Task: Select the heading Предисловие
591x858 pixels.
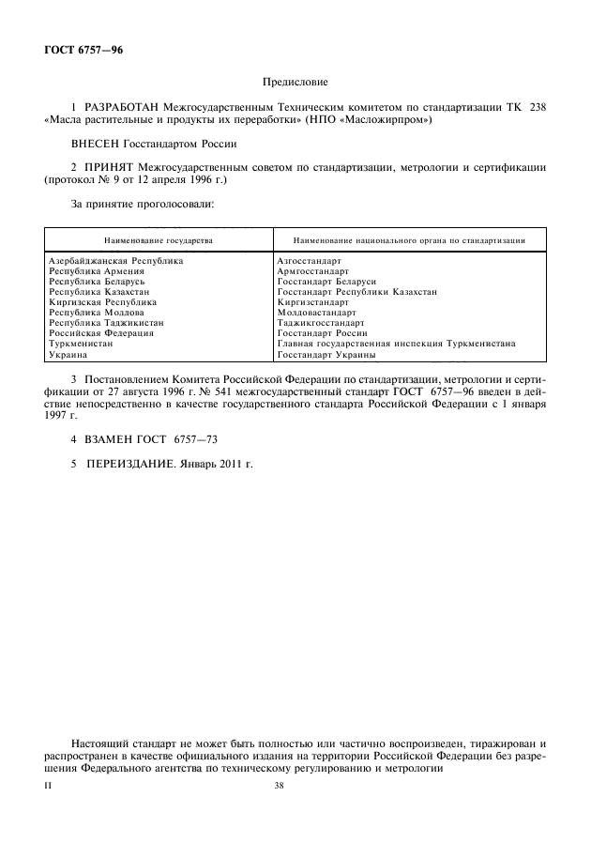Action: pyautogui.click(x=294, y=84)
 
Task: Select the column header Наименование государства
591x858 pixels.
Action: pyautogui.click(x=159, y=240)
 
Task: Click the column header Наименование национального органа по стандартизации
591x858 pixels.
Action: pyautogui.click(x=408, y=240)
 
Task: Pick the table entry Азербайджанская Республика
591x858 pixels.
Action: pyautogui.click(x=114, y=260)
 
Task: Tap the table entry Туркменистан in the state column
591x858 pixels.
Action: pyautogui.click(x=81, y=344)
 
